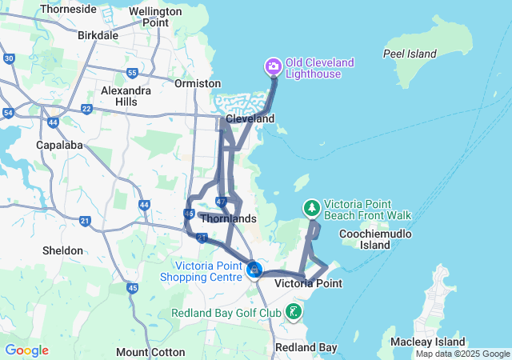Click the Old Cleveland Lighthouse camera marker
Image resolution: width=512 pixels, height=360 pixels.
[x=273, y=66]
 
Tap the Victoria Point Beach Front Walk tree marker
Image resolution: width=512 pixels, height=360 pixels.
[x=311, y=208]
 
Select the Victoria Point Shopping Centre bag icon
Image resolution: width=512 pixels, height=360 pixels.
[x=254, y=270]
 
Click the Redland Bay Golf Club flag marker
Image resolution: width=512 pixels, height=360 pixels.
[x=294, y=311]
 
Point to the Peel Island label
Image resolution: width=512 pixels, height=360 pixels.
[x=410, y=54]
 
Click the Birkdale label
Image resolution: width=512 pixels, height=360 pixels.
[x=98, y=35]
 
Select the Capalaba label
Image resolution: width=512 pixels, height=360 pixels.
[x=57, y=145]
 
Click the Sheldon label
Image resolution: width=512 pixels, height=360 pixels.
[x=62, y=250]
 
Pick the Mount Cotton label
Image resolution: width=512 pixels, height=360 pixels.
[x=145, y=352]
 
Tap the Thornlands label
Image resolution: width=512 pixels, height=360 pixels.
[x=229, y=218]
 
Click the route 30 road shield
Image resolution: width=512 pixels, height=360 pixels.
[x=9, y=58]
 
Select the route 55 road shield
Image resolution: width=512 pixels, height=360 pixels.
[x=132, y=73]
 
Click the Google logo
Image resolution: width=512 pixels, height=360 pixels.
[x=26, y=350]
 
